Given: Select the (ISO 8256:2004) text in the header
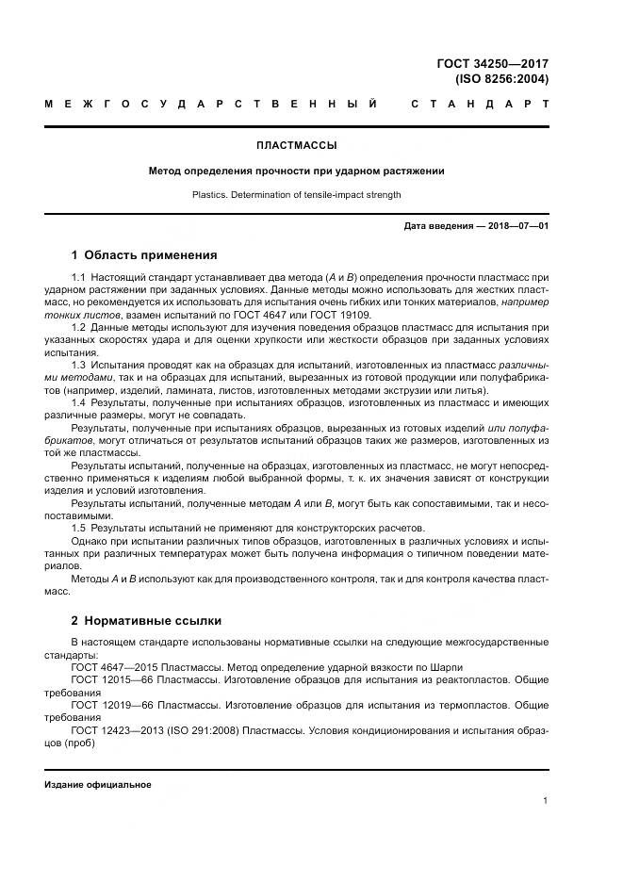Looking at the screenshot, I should point(501,79).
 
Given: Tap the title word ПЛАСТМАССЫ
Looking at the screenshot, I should point(296,145).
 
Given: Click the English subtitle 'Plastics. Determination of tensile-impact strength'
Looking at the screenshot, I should point(296,195).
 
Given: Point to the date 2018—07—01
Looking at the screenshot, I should point(516,227).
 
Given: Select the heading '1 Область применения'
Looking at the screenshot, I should point(144,254).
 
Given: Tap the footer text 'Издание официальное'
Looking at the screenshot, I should point(98,784).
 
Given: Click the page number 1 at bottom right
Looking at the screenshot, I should point(546,800).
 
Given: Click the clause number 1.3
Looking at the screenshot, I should point(79,363).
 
